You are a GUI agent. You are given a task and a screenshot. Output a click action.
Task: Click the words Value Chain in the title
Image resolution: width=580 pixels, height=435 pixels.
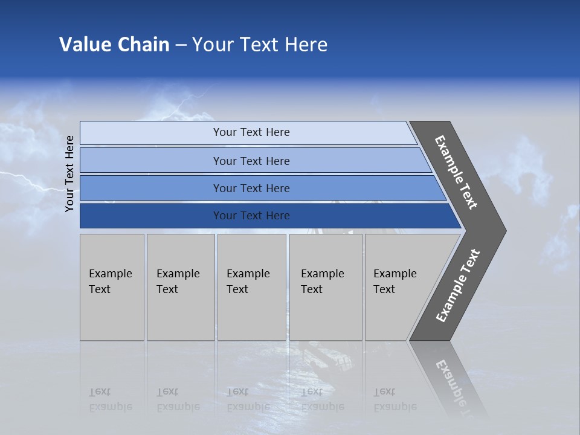[x=114, y=45]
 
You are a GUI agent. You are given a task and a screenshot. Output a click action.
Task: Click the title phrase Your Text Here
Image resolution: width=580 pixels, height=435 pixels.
[x=260, y=45]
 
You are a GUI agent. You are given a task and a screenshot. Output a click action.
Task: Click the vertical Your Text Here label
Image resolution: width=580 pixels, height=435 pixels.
[x=69, y=173]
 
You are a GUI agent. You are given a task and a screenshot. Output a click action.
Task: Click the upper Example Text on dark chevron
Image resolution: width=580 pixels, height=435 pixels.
[x=456, y=172]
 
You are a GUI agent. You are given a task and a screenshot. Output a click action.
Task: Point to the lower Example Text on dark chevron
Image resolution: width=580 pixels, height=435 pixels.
[x=458, y=286]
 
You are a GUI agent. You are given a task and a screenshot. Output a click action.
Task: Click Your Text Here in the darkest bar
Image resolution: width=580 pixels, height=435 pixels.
[x=251, y=216]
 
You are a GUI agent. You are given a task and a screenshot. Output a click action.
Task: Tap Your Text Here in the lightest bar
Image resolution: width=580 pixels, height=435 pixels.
[x=251, y=132]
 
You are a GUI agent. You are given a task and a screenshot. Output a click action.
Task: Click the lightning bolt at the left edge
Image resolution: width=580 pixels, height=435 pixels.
[x=18, y=178]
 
